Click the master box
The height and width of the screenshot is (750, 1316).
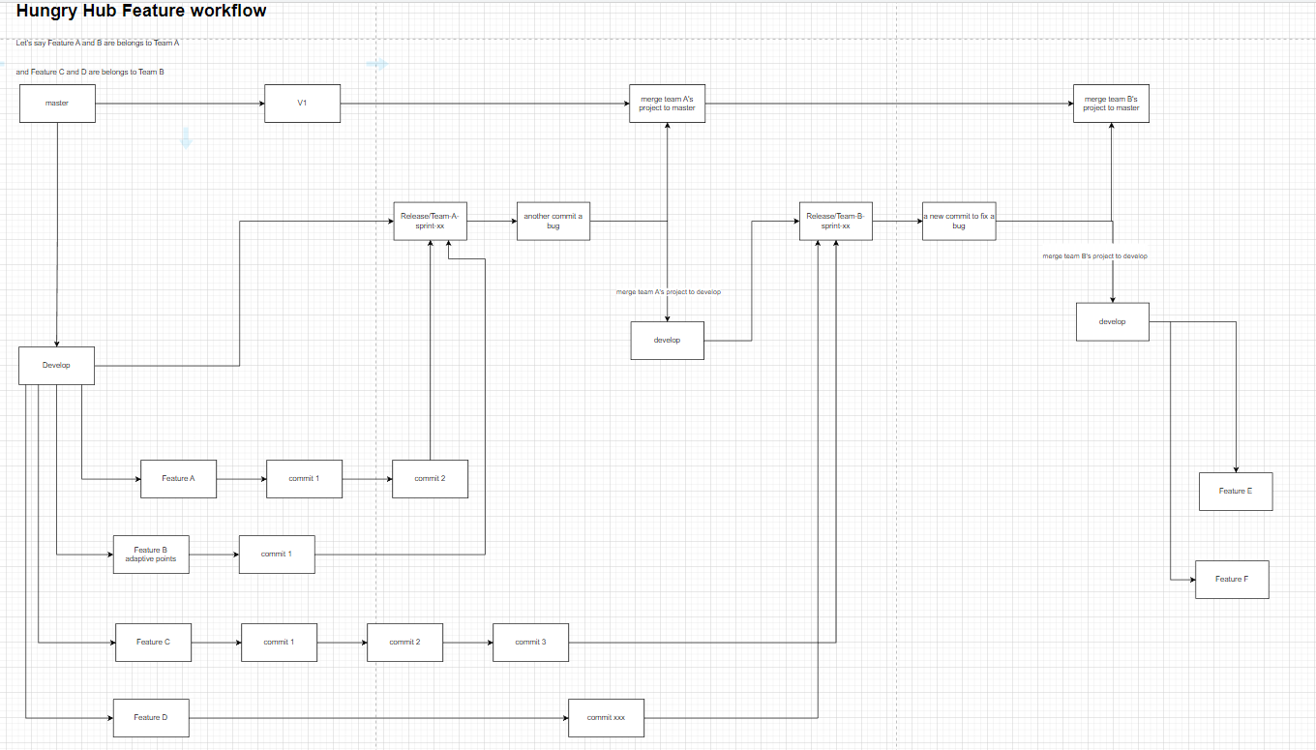(57, 104)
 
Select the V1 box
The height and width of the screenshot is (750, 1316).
(302, 104)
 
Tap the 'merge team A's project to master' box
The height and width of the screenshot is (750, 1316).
(667, 104)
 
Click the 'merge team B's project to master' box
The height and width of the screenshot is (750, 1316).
(1111, 104)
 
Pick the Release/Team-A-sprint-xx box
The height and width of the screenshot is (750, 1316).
(430, 221)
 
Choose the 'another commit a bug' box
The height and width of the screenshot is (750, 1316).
(553, 221)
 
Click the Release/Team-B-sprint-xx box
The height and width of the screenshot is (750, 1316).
(835, 221)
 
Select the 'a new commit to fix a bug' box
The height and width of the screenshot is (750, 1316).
(958, 221)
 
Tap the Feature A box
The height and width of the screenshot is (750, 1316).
(178, 479)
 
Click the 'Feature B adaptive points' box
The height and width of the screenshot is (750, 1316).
(151, 555)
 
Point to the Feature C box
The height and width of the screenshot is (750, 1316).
(153, 643)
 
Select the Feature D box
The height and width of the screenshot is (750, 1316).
(151, 718)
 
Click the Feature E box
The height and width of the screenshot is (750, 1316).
(1236, 492)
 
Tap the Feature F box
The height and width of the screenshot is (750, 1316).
(1232, 580)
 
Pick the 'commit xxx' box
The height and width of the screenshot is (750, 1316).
(606, 718)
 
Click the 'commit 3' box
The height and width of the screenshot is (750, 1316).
(530, 643)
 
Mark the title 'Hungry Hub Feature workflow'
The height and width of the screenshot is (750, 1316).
(141, 12)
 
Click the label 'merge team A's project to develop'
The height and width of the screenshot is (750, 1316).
(668, 291)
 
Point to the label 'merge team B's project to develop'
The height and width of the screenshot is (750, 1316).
(1094, 256)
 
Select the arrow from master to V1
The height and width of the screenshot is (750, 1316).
(180, 104)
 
